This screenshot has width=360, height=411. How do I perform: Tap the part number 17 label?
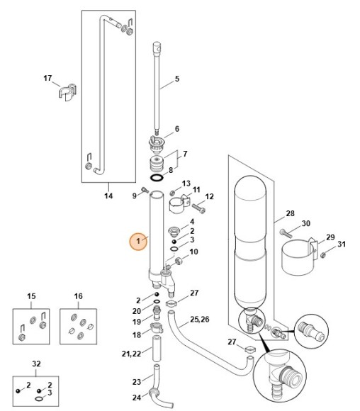[48, 78]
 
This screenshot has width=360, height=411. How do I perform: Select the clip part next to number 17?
[66, 94]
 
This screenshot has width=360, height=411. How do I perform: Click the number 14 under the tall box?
[109, 195]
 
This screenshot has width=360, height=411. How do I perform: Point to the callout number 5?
[176, 79]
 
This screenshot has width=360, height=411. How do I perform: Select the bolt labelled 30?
[286, 233]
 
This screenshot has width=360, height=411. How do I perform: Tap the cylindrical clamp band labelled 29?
[298, 258]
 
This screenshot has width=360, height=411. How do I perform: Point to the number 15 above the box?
[31, 295]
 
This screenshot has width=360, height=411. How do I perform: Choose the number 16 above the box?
[79, 295]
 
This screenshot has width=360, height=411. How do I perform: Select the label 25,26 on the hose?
[200, 320]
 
